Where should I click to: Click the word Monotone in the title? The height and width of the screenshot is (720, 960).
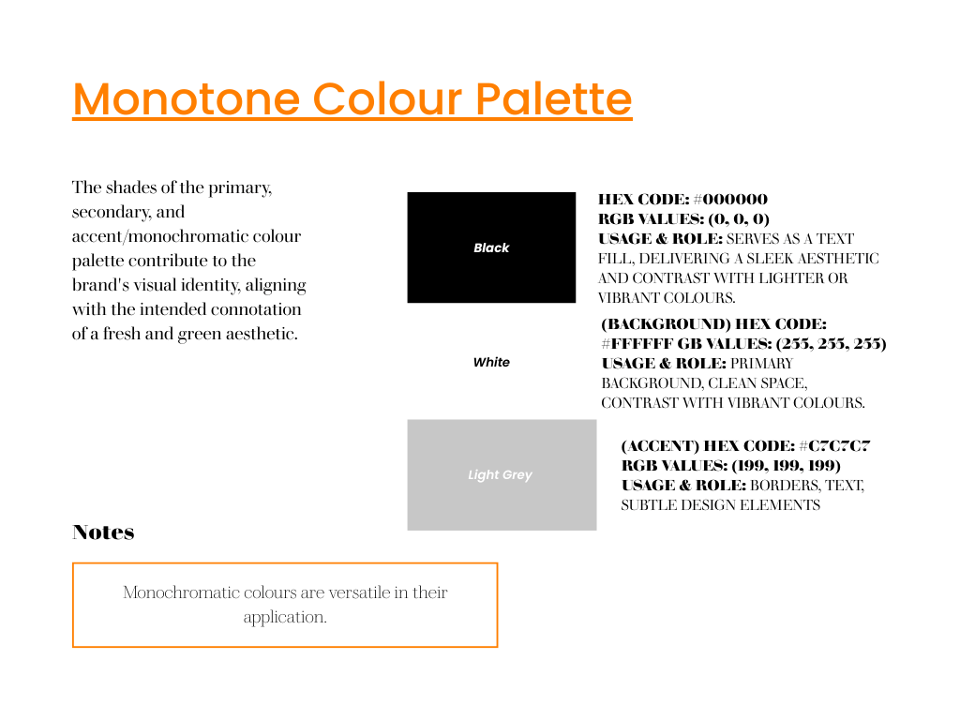tap(187, 98)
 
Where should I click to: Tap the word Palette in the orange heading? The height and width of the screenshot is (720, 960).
tap(553, 98)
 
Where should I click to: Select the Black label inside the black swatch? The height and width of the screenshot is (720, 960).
tap(491, 247)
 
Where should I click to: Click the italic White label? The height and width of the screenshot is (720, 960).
tap(491, 363)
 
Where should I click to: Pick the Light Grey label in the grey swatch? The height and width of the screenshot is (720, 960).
tap(501, 475)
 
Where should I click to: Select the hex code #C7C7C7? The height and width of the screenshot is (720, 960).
tap(834, 445)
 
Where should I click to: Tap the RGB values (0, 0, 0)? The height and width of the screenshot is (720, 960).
tap(739, 219)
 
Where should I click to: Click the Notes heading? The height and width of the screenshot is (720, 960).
tap(103, 532)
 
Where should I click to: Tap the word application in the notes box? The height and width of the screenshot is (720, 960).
tap(285, 617)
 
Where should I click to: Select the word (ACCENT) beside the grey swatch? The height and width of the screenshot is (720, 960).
tap(660, 445)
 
